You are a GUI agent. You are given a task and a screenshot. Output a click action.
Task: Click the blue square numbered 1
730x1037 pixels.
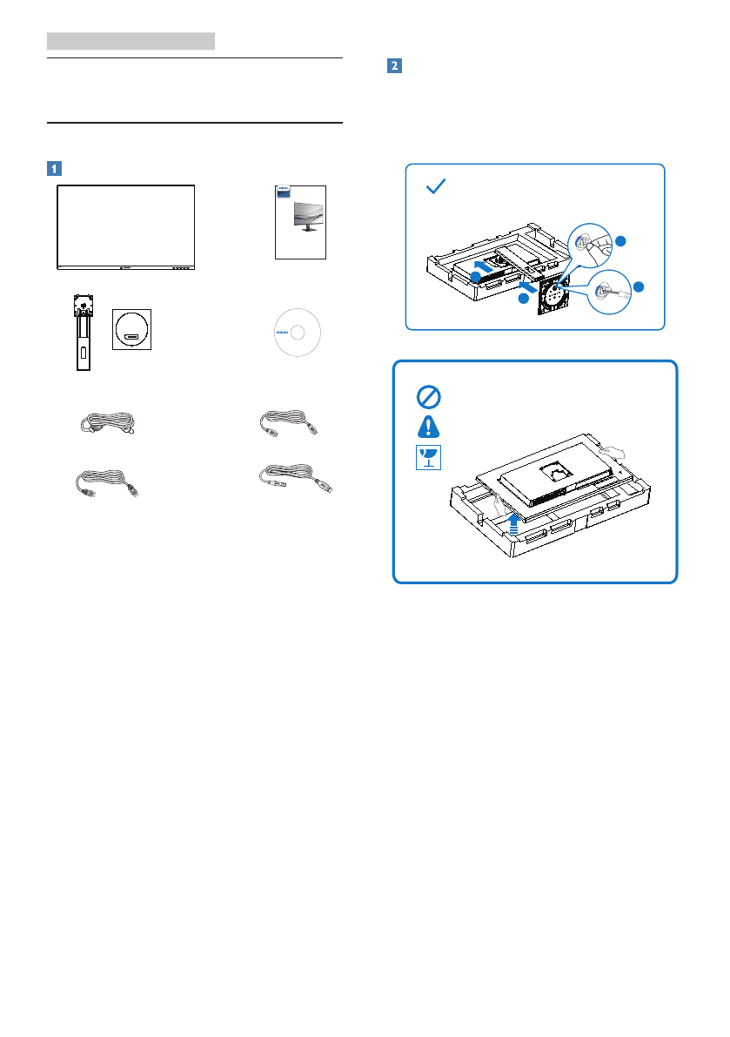coord(54,168)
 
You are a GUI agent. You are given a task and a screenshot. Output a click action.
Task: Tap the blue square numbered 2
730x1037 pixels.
coord(394,66)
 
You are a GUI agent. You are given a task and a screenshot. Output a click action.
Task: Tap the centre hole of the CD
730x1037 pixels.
coord(297,332)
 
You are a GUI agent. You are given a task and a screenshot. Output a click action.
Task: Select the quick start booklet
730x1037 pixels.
coord(300,221)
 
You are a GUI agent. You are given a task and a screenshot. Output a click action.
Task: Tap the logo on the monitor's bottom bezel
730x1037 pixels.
coord(125,267)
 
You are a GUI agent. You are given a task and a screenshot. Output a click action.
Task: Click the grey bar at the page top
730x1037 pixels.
coord(131,41)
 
